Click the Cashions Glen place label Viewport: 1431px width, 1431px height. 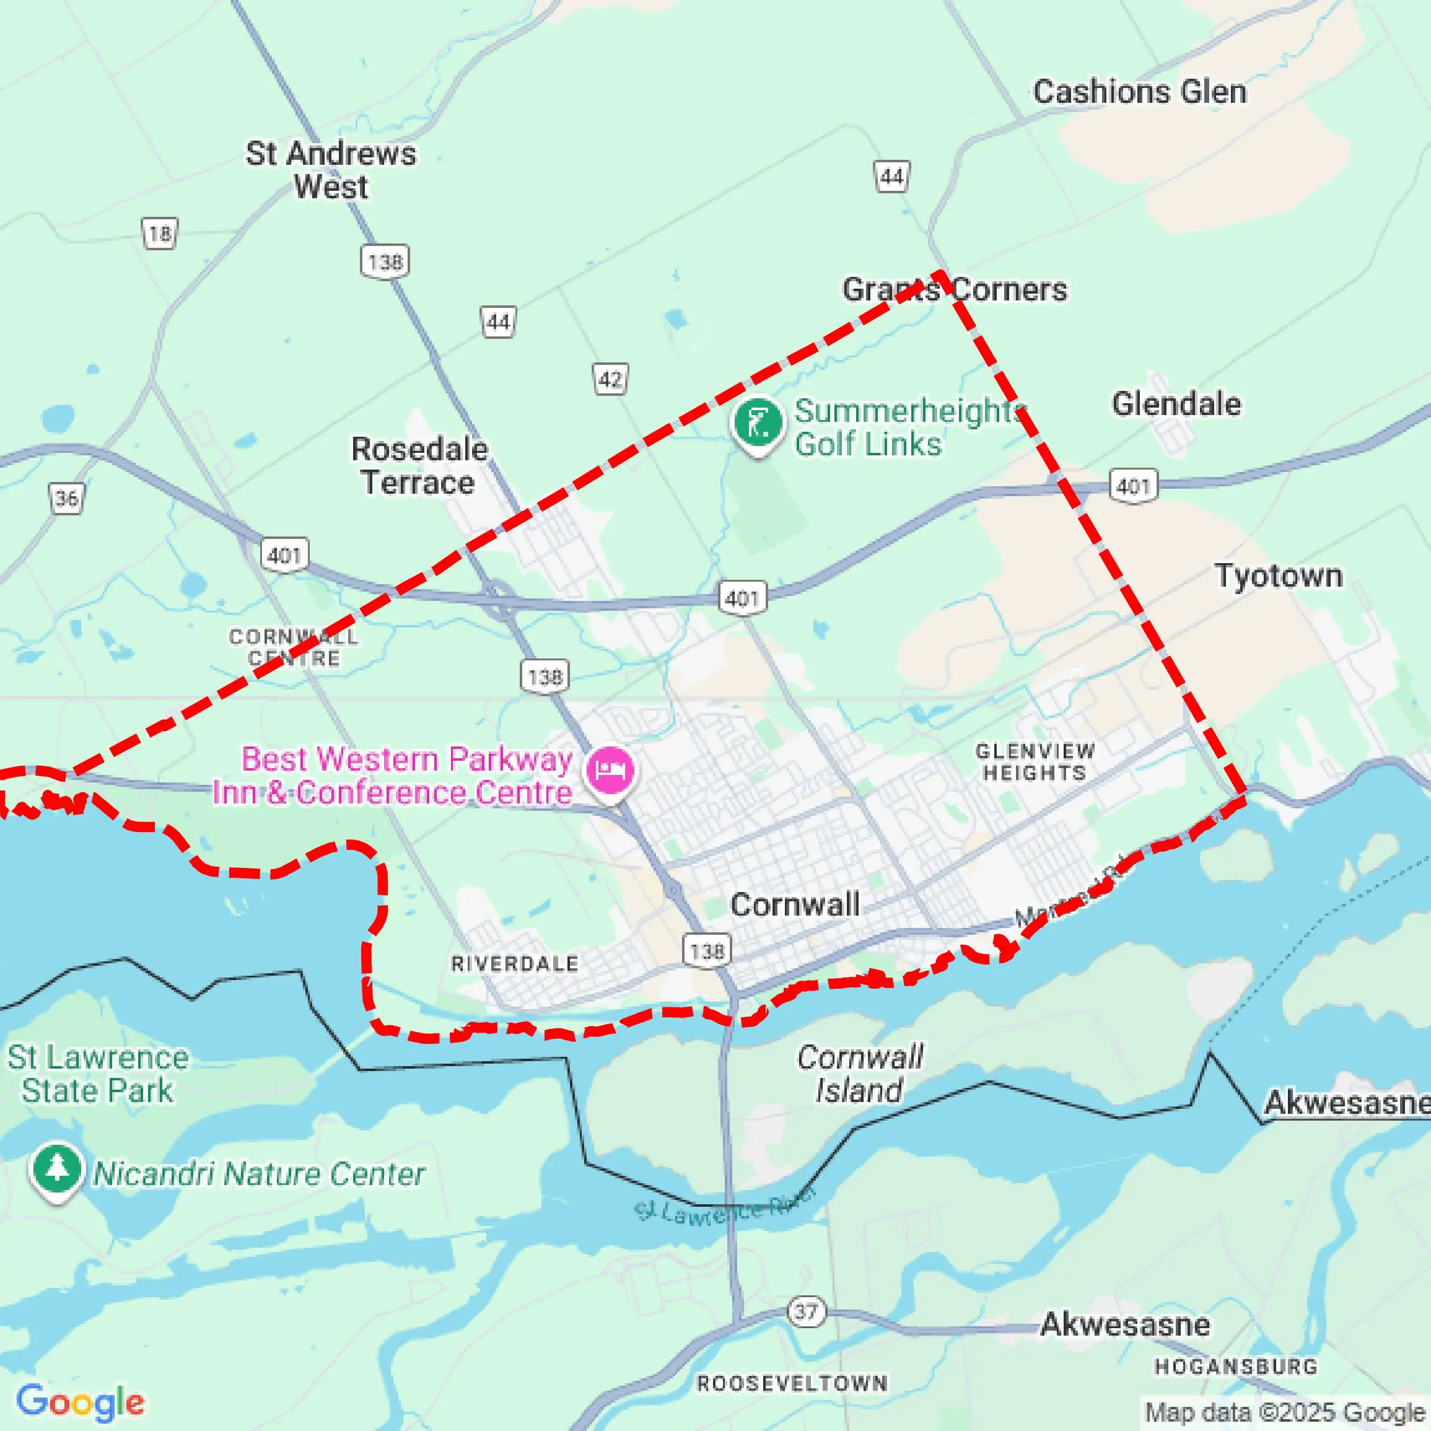tap(1139, 92)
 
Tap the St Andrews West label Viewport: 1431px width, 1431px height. tap(331, 170)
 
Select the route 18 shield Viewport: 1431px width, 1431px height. tap(159, 234)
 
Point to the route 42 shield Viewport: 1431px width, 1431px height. tap(610, 379)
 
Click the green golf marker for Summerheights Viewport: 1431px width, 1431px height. tap(757, 424)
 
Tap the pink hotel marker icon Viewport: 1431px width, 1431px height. tap(610, 770)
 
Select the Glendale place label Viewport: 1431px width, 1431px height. tap(1176, 405)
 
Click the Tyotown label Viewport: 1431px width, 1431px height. tap(1279, 575)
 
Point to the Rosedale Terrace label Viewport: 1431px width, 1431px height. tap(419, 466)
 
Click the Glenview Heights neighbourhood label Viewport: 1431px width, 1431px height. tap(1035, 762)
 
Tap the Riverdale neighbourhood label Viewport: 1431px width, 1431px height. tap(515, 964)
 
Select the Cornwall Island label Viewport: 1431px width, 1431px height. tap(859, 1074)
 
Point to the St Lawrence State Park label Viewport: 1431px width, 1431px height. tap(98, 1074)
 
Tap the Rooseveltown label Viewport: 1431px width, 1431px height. tap(792, 1383)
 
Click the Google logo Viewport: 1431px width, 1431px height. tap(80, 1402)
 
